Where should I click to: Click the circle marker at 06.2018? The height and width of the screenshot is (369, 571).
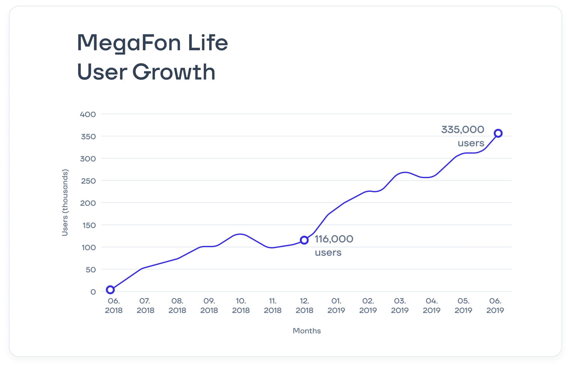[110, 290]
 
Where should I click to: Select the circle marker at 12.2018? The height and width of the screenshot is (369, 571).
[304, 240]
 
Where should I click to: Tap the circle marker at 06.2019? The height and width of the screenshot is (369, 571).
[498, 133]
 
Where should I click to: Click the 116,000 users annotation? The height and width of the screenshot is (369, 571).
[334, 245]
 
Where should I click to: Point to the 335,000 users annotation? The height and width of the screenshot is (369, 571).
[463, 136]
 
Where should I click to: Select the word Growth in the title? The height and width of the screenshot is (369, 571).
[174, 72]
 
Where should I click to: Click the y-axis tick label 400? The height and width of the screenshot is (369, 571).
[88, 114]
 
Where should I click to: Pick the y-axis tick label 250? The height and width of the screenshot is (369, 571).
[88, 181]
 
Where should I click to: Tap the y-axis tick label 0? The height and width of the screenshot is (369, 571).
[93, 292]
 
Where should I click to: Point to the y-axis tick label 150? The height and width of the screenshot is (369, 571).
[88, 226]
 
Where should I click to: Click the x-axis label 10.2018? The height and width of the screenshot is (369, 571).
[241, 305]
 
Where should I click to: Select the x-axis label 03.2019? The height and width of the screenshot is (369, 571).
[400, 305]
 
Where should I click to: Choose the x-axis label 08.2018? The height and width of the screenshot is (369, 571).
[177, 305]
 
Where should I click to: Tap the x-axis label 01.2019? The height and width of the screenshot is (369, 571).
[336, 305]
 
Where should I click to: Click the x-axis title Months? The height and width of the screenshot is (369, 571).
[306, 331]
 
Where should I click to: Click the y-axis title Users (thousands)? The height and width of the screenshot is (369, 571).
[65, 203]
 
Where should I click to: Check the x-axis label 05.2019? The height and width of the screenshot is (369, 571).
[463, 305]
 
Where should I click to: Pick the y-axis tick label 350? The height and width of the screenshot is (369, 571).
[88, 136]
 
